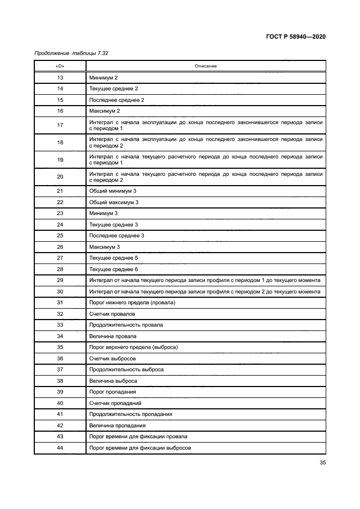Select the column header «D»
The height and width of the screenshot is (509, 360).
pyautogui.click(x=60, y=66)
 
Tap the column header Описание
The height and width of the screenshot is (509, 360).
pyautogui.click(x=206, y=66)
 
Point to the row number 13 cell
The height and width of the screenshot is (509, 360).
pyautogui.click(x=60, y=78)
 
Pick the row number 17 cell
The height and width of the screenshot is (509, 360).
pyautogui.click(x=60, y=125)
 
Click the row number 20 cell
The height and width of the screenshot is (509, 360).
pyautogui.click(x=60, y=177)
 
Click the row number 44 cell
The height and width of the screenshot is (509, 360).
pyautogui.click(x=60, y=447)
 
